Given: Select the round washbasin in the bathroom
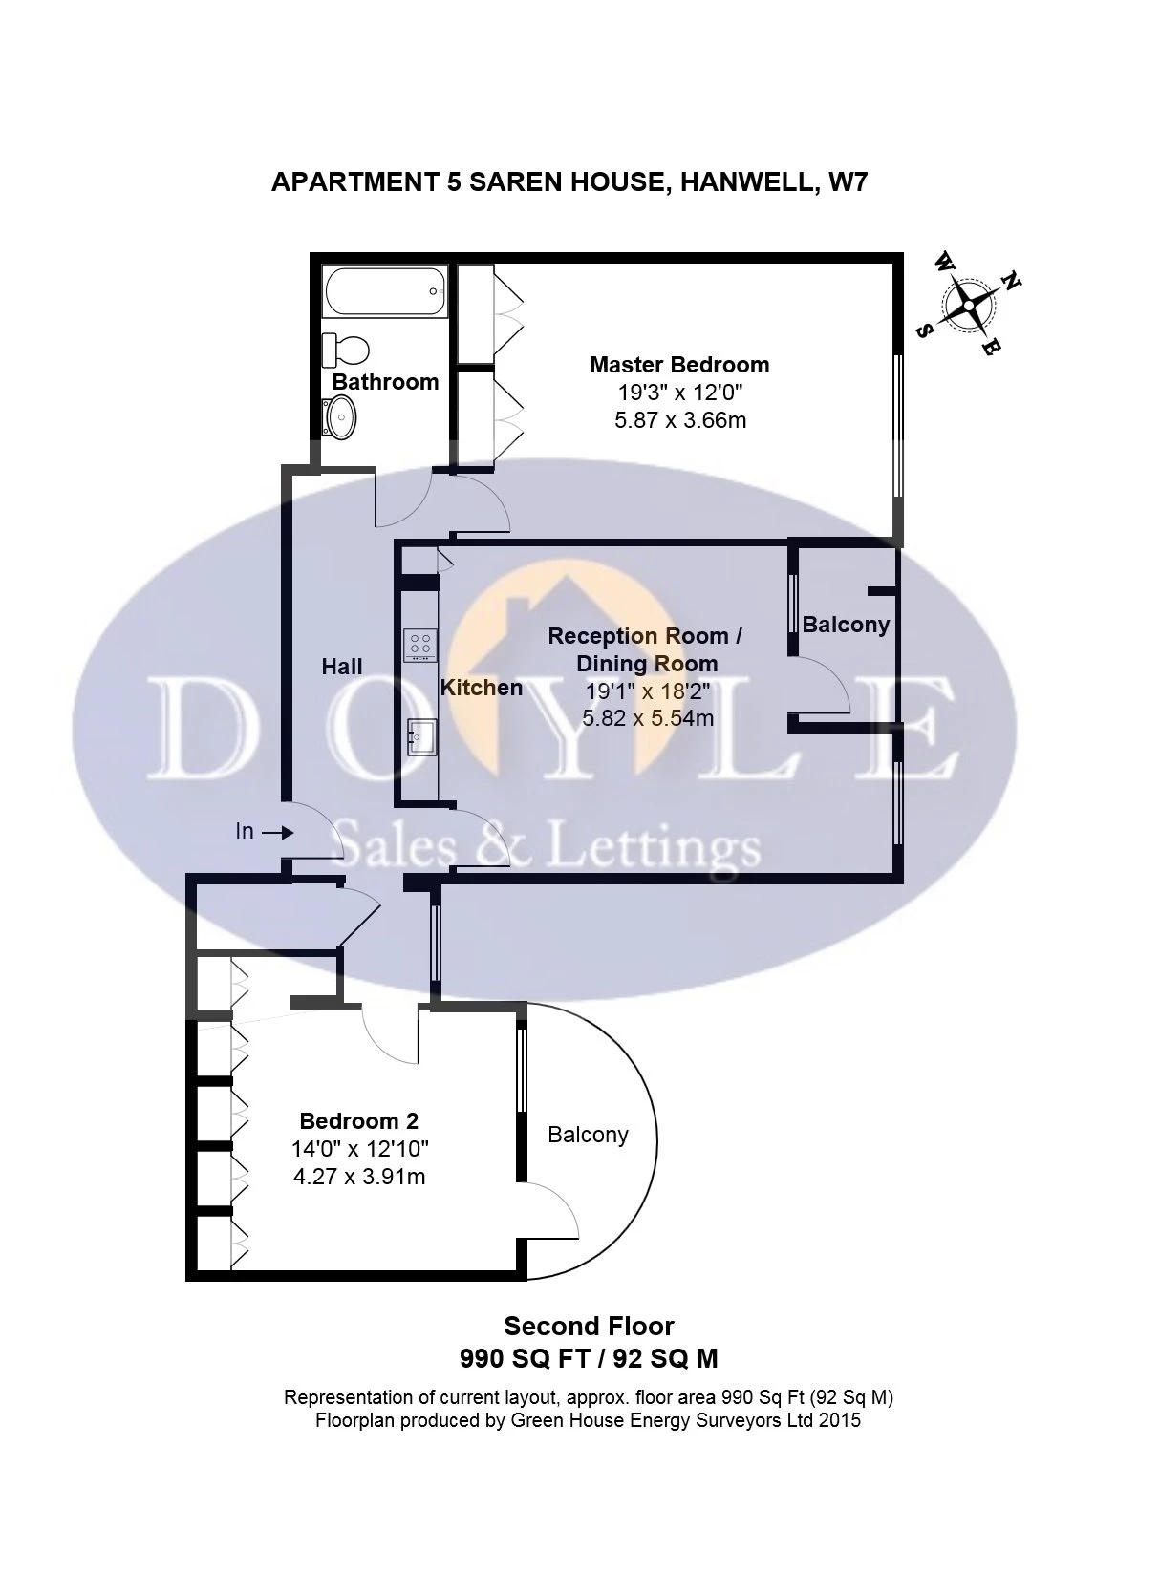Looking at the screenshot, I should pyautogui.click(x=340, y=417).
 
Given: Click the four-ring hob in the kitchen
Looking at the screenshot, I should pyautogui.click(x=419, y=644).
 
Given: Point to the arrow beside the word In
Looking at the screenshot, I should pyautogui.click(x=278, y=833).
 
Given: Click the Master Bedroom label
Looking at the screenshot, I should pyautogui.click(x=678, y=364).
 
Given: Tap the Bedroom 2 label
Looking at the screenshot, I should pyautogui.click(x=358, y=1120).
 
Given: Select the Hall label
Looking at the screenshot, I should pyautogui.click(x=341, y=667).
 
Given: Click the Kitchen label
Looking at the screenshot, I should pyautogui.click(x=481, y=688).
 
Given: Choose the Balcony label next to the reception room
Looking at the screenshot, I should pyautogui.click(x=846, y=625).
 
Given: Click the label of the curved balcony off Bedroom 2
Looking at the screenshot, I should pyautogui.click(x=588, y=1135).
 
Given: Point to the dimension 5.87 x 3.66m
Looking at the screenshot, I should pyautogui.click(x=679, y=419).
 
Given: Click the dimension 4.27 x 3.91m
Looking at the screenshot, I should pyautogui.click(x=358, y=1177).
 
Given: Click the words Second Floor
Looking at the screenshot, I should pyautogui.click(x=589, y=1326).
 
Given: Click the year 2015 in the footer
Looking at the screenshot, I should pyautogui.click(x=839, y=1420).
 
